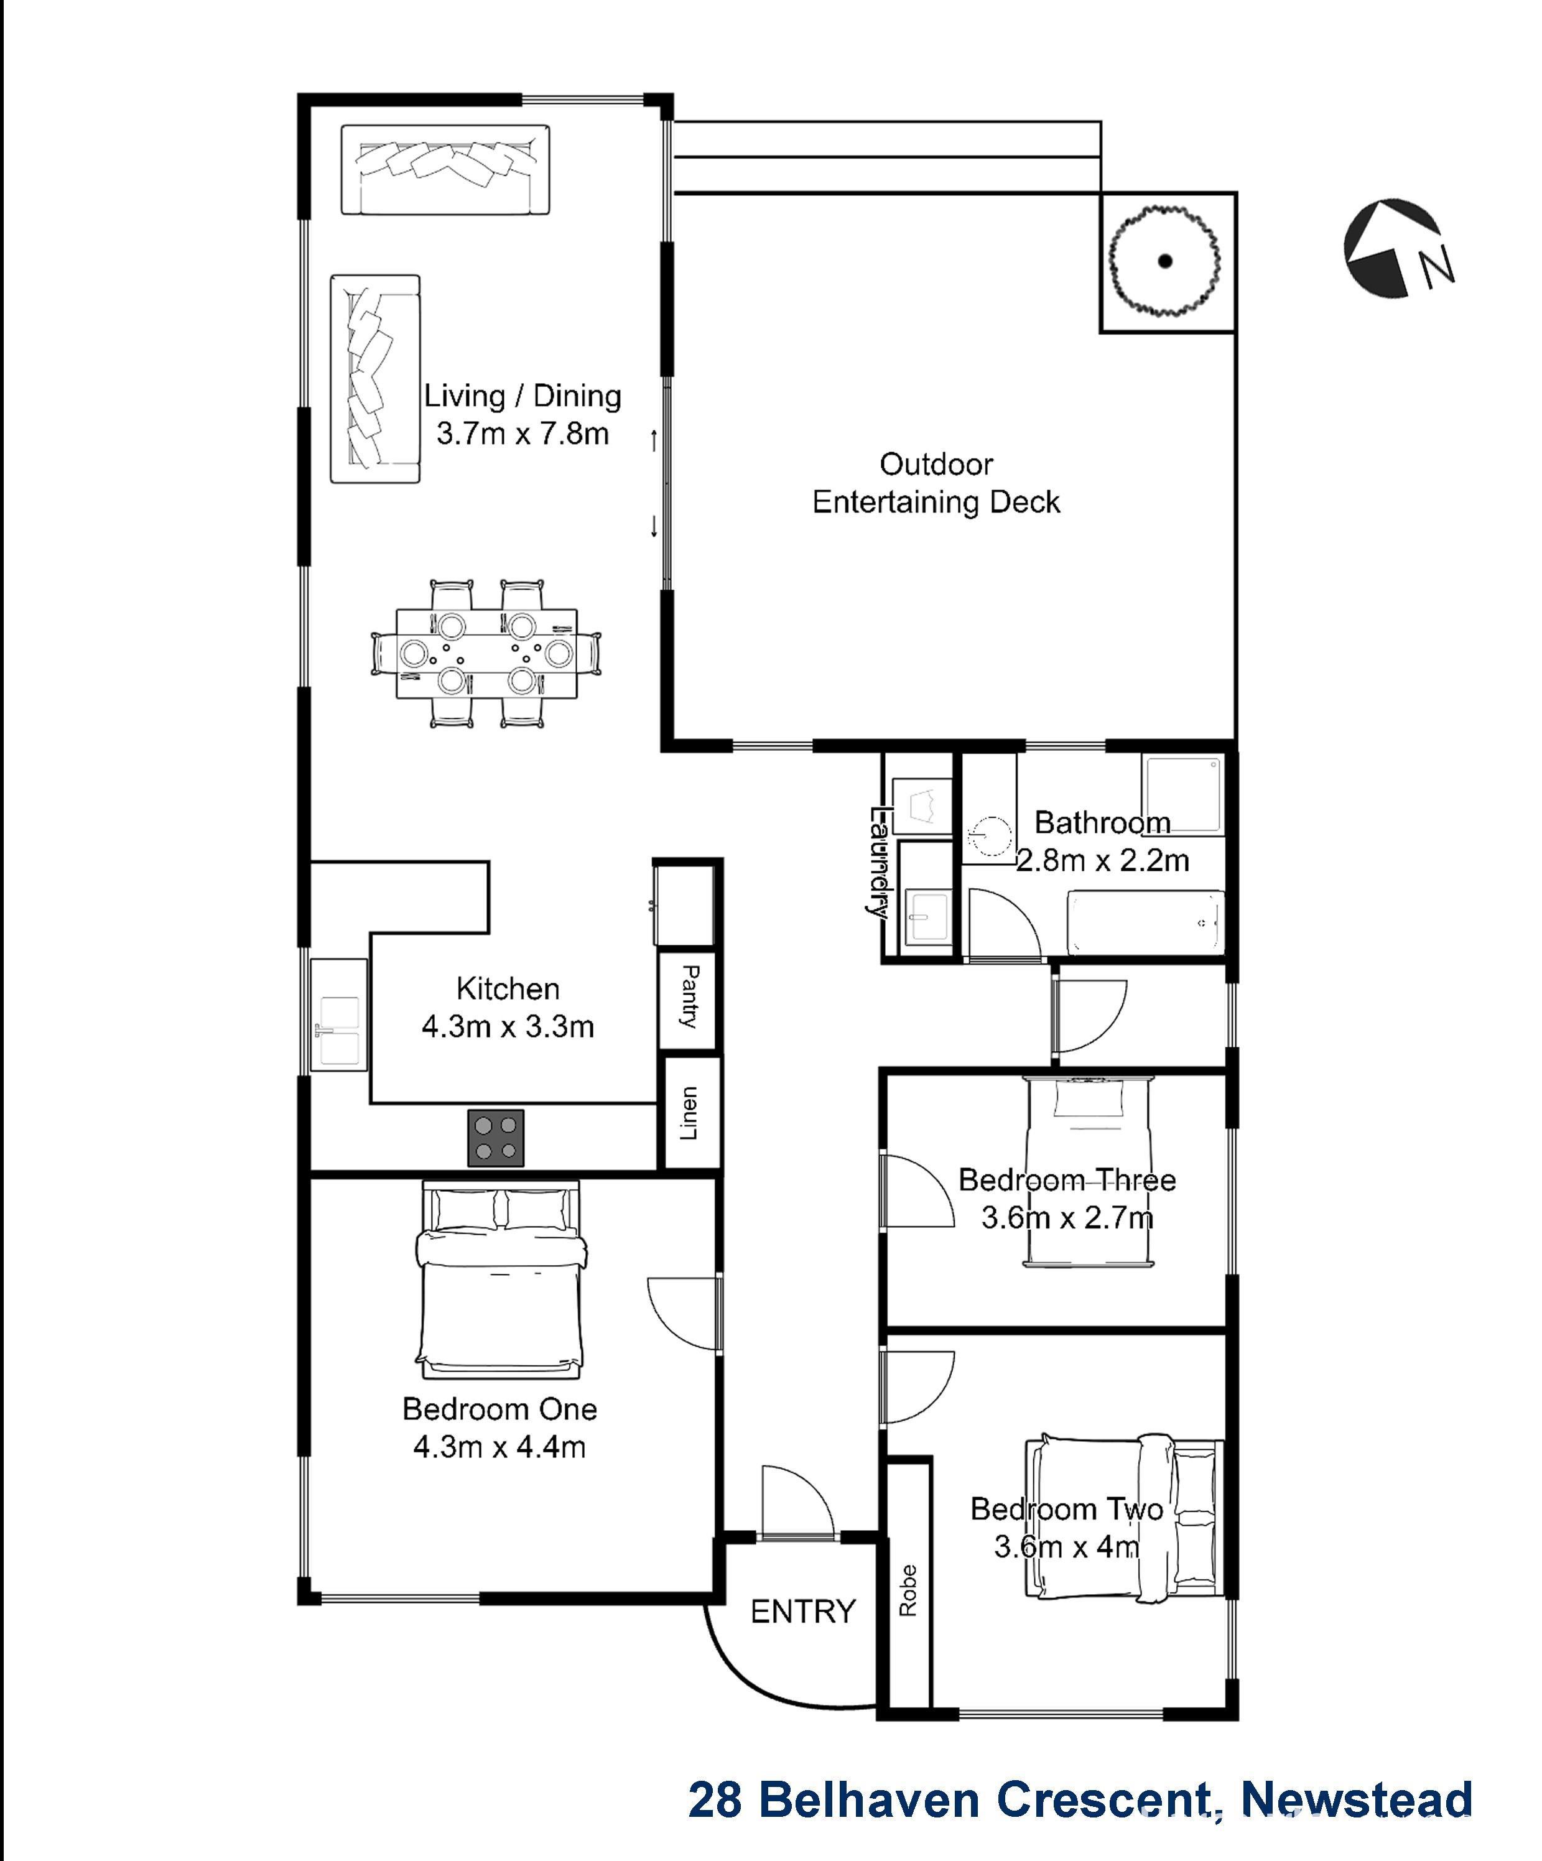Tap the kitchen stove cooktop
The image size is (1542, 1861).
pyautogui.click(x=495, y=1138)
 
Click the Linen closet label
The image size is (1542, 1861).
pyautogui.click(x=689, y=1113)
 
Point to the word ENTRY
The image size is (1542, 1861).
pyautogui.click(x=803, y=1611)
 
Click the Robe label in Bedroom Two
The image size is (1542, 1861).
pyautogui.click(x=908, y=1590)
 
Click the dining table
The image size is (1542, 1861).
pyautogui.click(x=486, y=653)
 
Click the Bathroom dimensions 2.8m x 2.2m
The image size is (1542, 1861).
pyautogui.click(x=1102, y=860)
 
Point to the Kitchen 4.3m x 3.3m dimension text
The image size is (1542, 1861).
pyautogui.click(x=507, y=1027)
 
